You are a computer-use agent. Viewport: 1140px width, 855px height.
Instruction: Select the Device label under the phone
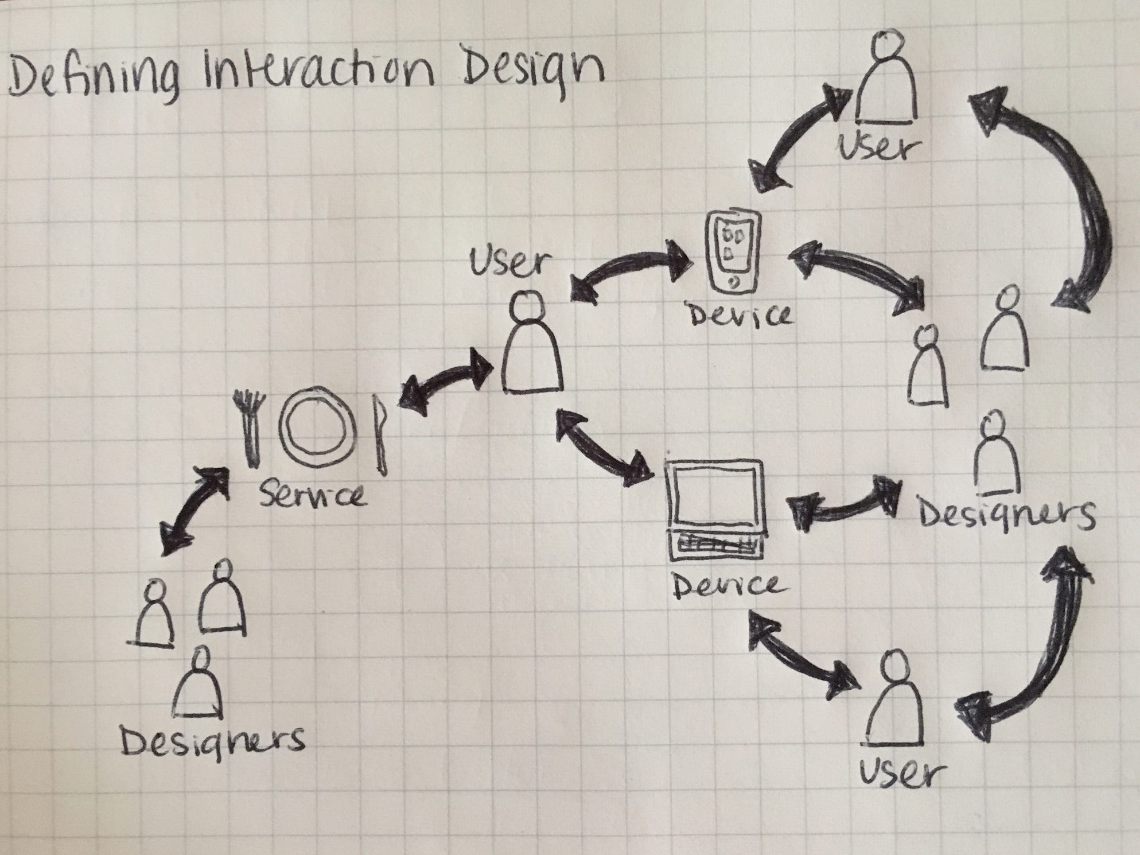(740, 315)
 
